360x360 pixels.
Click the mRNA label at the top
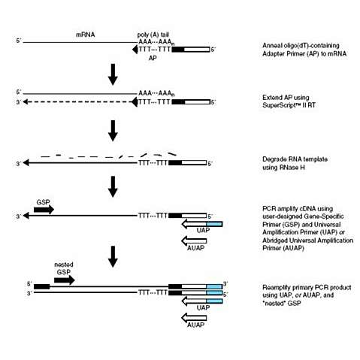click(86, 35)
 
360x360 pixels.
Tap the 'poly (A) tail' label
click(153, 35)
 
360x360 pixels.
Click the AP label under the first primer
click(153, 58)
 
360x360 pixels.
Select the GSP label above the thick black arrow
click(43, 202)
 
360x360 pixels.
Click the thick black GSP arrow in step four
click(44, 210)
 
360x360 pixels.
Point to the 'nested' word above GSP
click(64, 265)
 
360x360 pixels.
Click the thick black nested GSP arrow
click(65, 280)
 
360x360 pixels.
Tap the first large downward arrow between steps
click(113, 74)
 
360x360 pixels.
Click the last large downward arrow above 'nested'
click(113, 256)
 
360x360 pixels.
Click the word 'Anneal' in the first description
click(271, 46)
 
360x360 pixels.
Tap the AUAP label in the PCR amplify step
click(195, 248)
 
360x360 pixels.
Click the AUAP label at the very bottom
click(195, 325)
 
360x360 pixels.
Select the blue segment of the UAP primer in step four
click(214, 224)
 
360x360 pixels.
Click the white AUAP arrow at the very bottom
click(194, 318)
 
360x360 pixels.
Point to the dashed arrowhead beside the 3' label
click(26, 102)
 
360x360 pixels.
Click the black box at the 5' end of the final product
click(42, 286)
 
